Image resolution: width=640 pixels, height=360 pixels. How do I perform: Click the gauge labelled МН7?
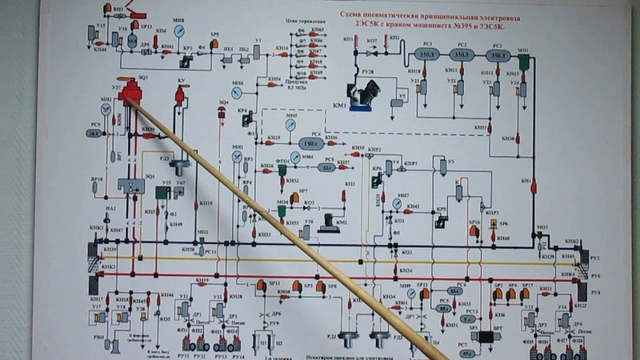(x=397, y=203)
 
